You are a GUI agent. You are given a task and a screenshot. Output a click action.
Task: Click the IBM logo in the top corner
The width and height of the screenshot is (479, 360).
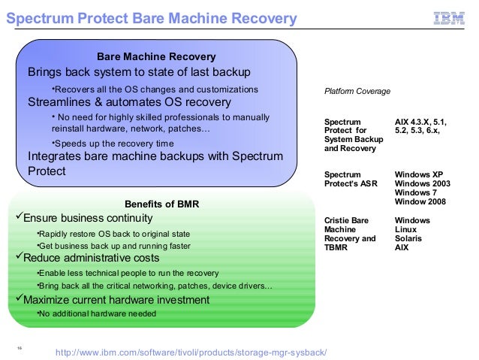pos(449,18)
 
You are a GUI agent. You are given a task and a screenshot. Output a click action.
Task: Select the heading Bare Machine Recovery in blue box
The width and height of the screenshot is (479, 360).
pos(156,57)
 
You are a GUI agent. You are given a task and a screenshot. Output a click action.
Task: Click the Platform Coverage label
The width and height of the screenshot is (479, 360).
pos(357,91)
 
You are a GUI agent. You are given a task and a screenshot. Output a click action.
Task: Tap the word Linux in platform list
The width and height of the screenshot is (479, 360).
pos(406,229)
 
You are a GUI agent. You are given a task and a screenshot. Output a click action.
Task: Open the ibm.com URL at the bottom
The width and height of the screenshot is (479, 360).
pos(191,352)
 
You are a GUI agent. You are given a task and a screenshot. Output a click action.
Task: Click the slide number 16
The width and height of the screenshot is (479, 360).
pos(17,347)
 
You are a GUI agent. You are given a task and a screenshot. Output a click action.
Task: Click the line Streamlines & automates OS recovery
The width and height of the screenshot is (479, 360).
pos(129,102)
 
